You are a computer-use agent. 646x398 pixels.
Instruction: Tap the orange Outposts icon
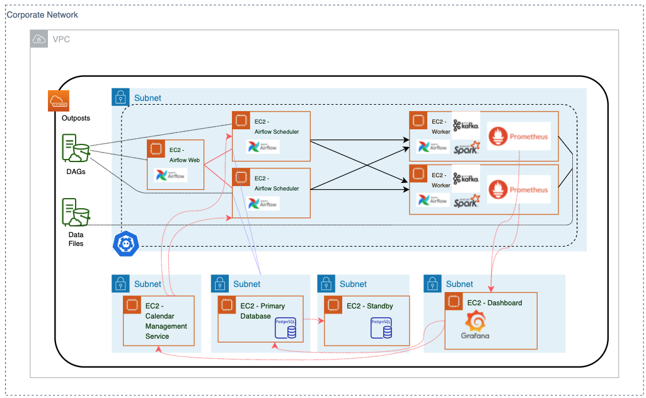58,102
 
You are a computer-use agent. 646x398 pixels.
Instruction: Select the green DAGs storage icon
75,149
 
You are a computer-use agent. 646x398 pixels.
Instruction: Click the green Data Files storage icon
75,213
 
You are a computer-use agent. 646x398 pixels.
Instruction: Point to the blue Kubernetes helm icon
125,244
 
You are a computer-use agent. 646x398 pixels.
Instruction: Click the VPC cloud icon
39,39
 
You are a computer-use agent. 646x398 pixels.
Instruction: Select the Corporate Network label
42,14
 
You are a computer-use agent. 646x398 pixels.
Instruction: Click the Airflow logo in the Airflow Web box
171,175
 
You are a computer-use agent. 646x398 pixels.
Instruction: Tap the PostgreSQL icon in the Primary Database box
286,328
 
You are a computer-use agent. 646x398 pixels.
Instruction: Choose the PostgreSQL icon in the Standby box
381,328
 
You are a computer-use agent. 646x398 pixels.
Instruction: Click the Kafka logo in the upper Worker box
466,125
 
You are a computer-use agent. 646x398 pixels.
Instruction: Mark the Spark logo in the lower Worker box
466,202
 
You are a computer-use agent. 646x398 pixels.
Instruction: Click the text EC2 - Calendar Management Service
166,321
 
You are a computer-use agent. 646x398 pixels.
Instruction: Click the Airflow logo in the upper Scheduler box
262,148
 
